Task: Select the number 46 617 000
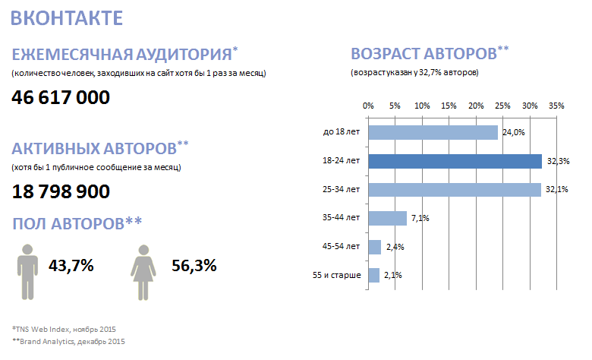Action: click(61, 97)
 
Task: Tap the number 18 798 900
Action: click(61, 192)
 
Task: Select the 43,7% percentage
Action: click(71, 266)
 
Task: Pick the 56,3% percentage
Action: click(194, 266)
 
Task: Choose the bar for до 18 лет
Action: click(433, 133)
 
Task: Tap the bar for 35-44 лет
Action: click(387, 218)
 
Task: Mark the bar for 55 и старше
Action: click(373, 275)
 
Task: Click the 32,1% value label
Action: click(558, 190)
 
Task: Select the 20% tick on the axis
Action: click(475, 106)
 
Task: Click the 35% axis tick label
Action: click(556, 106)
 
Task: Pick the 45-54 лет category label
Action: click(341, 247)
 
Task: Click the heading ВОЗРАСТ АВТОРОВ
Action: click(424, 55)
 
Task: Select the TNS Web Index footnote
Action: click(65, 329)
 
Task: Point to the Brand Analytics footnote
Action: click(69, 341)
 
